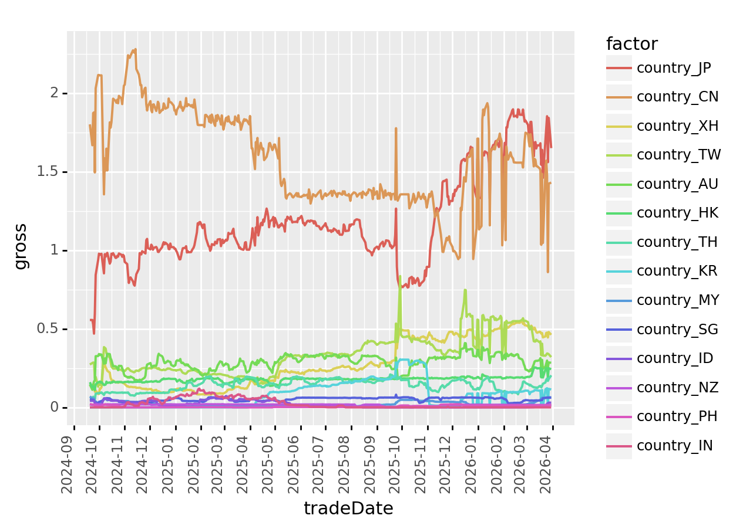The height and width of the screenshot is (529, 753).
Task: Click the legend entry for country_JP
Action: pyautogui.click(x=673, y=68)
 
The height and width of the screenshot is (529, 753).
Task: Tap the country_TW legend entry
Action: pyautogui.click(x=678, y=155)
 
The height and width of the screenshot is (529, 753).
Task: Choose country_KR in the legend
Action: pyautogui.click(x=677, y=271)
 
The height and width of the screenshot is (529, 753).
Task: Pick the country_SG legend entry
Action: pyautogui.click(x=677, y=329)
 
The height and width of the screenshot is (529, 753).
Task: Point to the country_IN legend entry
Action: pyautogui.click(x=674, y=446)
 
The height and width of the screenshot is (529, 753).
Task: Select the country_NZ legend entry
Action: pyautogui.click(x=677, y=387)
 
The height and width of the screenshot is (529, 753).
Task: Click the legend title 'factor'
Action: pyautogui.click(x=631, y=44)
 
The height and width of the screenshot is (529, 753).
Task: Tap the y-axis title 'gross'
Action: pyautogui.click(x=21, y=246)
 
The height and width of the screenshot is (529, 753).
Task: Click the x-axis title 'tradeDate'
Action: pyautogui.click(x=348, y=508)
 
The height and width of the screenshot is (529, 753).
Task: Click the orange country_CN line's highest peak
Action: pyautogui.click(x=136, y=50)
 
